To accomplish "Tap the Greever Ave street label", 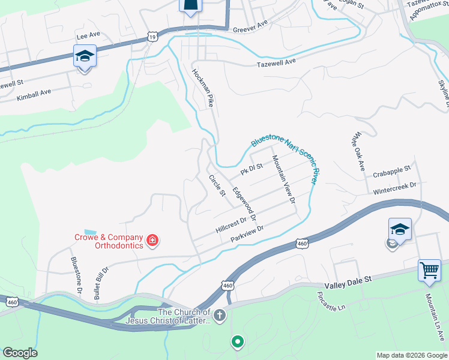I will tap(250, 27).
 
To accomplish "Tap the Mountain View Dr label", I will tap(284, 178).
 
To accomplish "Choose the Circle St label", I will tap(216, 186).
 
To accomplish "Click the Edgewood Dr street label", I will tap(245, 203).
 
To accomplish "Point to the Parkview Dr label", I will tap(247, 234).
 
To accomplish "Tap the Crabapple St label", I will tap(391, 172).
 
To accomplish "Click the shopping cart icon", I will tap(429, 269).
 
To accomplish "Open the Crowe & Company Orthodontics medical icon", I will tap(152, 241).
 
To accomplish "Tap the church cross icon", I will tap(220, 315).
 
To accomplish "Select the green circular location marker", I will tap(238, 343).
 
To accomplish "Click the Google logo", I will tap(20, 352).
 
